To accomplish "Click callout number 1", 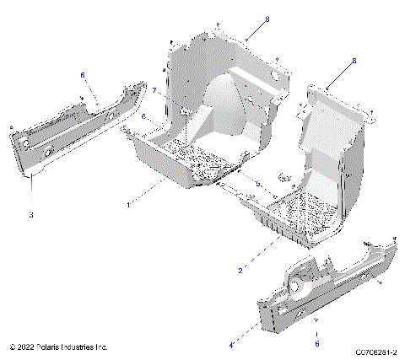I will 128,205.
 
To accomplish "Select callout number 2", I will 240,270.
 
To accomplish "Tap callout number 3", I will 31,216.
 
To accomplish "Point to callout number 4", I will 231,344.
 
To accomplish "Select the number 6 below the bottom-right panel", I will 316,343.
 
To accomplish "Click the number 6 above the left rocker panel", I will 83,75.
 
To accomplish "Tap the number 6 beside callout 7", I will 143,116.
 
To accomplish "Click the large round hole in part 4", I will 299,287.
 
